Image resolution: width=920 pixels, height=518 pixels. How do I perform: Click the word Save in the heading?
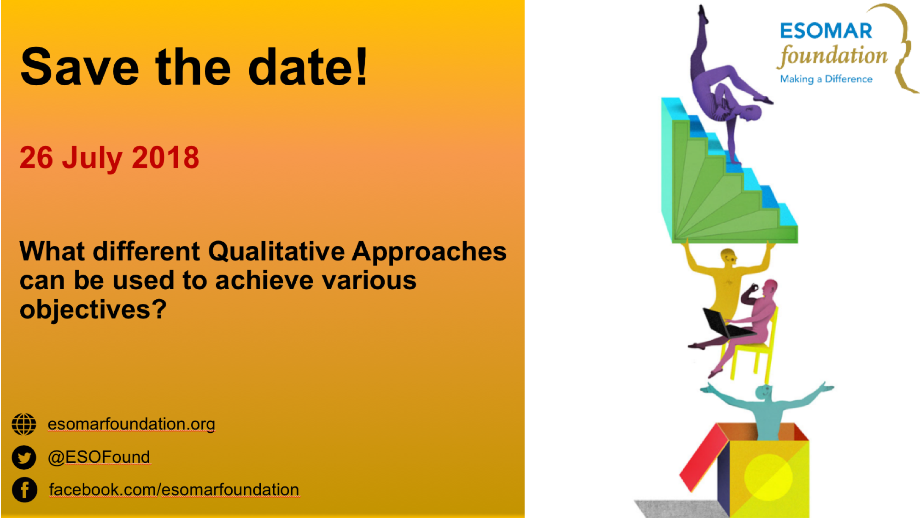(80, 67)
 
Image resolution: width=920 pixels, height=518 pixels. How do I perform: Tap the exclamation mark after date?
(362, 66)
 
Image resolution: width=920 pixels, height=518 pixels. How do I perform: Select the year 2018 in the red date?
(165, 157)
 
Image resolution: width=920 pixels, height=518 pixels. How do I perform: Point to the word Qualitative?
(276, 252)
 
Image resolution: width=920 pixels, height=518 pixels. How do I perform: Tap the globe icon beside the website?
(24, 424)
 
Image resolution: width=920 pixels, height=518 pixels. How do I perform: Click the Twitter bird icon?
(24, 457)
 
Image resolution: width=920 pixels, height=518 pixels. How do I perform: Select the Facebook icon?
(24, 489)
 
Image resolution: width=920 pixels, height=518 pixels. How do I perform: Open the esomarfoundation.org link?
(131, 424)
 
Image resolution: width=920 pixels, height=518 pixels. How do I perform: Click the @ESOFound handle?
(99, 457)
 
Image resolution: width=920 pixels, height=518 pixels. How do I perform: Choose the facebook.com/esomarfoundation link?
(174, 489)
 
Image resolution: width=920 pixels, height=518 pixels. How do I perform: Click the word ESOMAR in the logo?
(826, 31)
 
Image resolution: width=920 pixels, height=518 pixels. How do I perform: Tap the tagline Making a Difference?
(826, 79)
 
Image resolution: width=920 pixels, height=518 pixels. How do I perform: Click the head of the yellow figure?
(728, 256)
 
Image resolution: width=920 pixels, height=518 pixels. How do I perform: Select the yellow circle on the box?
(768, 477)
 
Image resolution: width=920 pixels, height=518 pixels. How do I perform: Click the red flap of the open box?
(703, 458)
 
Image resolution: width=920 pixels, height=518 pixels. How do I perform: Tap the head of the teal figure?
(763, 392)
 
